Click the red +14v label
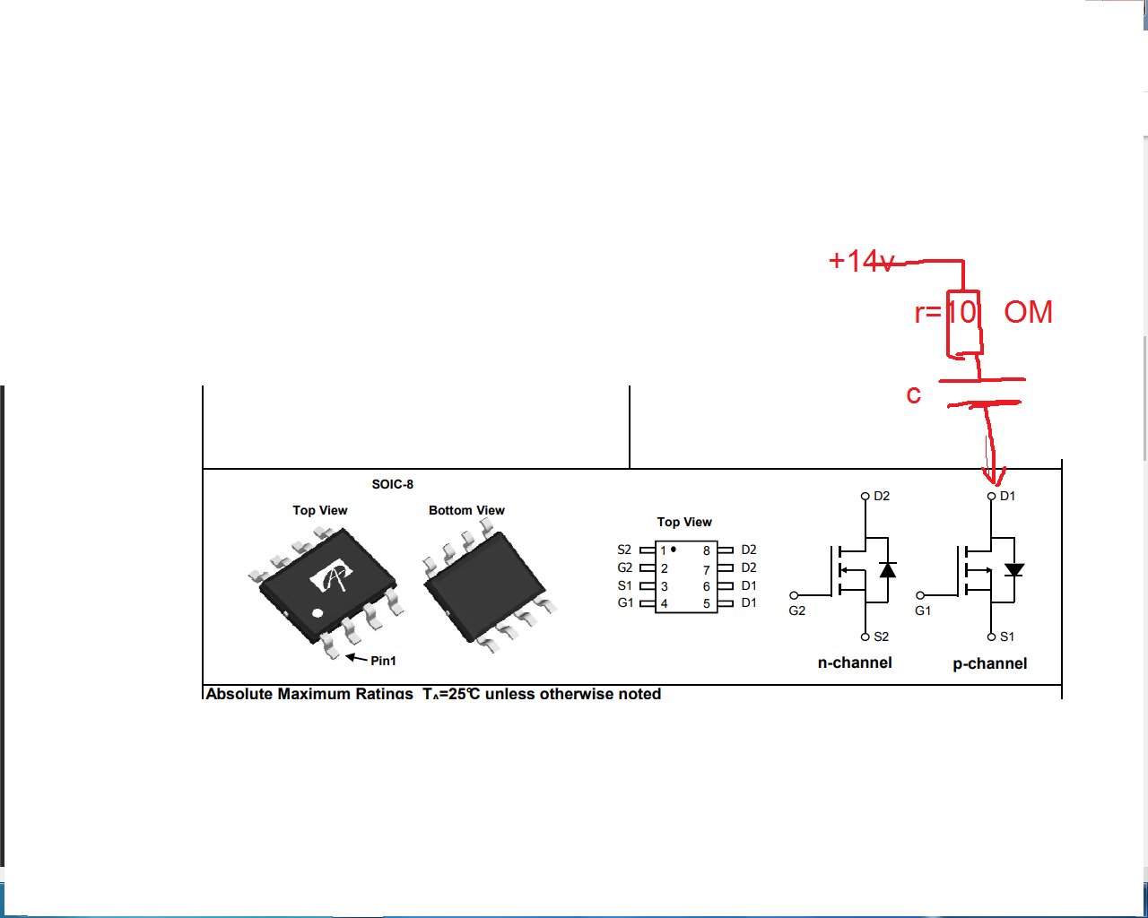click(861, 261)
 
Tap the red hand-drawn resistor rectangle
click(964, 323)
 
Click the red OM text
click(1028, 312)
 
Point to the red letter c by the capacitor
click(913, 394)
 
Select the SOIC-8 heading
click(393, 484)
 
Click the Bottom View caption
click(466, 510)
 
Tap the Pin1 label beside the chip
click(383, 661)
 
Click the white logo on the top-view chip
click(332, 578)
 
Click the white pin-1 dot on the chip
click(317, 613)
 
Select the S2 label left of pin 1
click(624, 550)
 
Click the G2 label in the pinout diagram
click(624, 567)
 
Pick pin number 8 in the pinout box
click(707, 550)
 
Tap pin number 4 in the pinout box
click(665, 603)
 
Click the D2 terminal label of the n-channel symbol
click(882, 496)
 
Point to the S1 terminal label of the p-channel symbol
click(1007, 637)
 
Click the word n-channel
click(855, 663)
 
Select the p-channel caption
click(990, 663)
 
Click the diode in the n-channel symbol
click(888, 570)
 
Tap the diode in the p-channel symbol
click(1014, 570)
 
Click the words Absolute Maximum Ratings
click(309, 693)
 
